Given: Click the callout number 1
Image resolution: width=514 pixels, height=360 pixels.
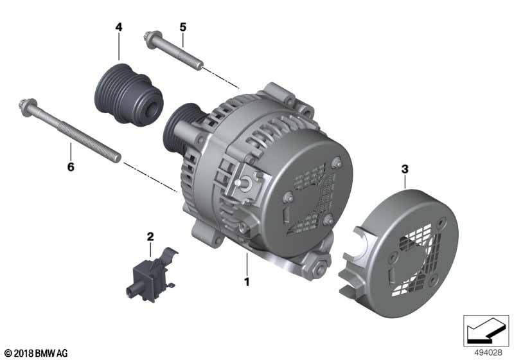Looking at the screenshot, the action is (x=247, y=282).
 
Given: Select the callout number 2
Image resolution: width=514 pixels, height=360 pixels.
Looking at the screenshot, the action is (x=150, y=237).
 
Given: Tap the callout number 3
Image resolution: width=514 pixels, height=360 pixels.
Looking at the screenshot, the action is (x=405, y=169).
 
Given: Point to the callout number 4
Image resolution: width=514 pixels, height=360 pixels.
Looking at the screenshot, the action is (x=119, y=27).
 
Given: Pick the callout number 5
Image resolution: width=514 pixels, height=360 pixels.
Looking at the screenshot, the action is (x=182, y=27).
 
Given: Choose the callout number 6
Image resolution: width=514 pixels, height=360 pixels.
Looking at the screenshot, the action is (x=71, y=167).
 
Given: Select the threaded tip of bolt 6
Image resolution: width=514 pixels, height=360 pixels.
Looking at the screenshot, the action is (x=117, y=158).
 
